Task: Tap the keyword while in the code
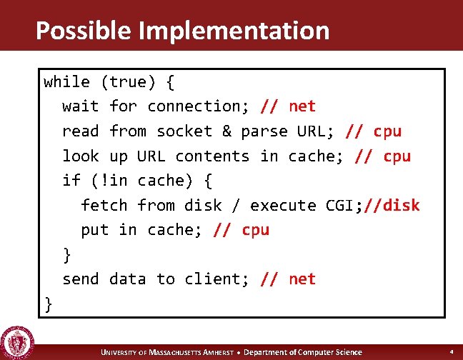click(66, 81)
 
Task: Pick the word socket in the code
click(184, 131)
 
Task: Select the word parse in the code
click(255, 131)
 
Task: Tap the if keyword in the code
click(71, 180)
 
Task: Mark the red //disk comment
click(392, 206)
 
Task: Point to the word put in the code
click(95, 230)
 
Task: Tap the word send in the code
click(81, 279)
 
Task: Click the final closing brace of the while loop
click(49, 304)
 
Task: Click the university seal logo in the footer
click(15, 341)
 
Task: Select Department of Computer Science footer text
click(302, 352)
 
